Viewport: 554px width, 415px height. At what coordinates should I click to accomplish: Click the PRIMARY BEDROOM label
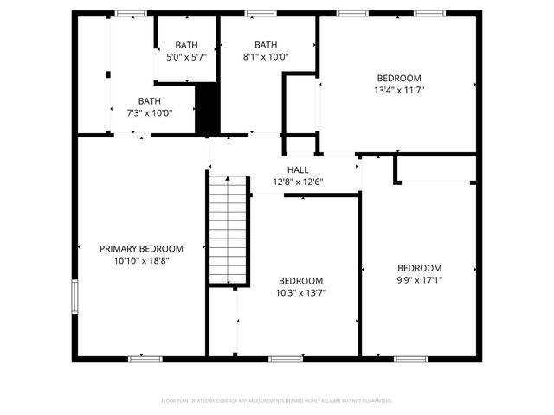pos(140,248)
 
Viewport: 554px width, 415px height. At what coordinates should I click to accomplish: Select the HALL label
pos(298,170)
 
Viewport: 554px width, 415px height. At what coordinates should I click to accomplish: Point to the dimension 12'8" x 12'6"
pos(298,182)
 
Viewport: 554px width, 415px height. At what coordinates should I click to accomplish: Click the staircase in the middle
pos(228,229)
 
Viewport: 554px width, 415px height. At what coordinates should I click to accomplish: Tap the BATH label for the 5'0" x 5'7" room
pos(186,45)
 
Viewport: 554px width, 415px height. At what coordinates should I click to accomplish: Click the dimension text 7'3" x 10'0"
pos(149,112)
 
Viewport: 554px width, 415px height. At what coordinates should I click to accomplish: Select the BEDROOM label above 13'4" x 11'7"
pos(399,78)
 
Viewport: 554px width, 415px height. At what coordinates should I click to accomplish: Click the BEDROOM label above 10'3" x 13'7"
pos(300,281)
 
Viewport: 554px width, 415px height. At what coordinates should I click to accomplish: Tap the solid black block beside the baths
pos(207,108)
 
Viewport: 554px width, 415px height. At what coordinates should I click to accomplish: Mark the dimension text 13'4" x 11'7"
pos(399,89)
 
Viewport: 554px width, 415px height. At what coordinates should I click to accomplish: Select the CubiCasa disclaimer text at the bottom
pos(277,401)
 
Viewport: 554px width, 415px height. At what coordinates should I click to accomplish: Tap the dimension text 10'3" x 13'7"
pos(300,292)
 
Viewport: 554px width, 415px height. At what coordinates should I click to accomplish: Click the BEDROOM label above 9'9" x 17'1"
pos(419,268)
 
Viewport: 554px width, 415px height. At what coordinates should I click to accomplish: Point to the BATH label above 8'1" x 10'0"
pos(266,45)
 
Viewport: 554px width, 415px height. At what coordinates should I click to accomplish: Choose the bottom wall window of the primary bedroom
pos(145,358)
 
